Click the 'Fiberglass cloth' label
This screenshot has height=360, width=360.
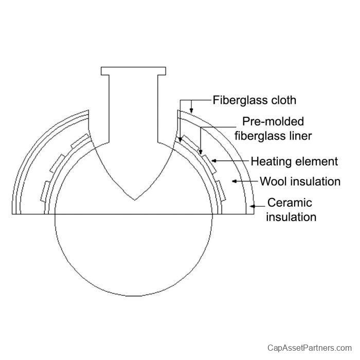[x=255, y=100]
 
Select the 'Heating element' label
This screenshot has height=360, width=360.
[x=294, y=161]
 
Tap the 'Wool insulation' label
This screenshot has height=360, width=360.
[x=300, y=182]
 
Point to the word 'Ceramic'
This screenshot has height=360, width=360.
[x=290, y=203]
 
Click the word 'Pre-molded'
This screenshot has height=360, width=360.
[x=273, y=121]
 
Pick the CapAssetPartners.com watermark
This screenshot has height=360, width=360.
[x=310, y=348]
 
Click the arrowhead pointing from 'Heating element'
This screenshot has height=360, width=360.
[x=214, y=160]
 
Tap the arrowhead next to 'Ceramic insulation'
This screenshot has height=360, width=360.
[x=253, y=206]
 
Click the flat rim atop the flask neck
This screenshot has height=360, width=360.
[x=133, y=71]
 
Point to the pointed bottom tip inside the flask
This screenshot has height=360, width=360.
[x=135, y=200]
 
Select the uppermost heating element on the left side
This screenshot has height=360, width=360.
[x=80, y=141]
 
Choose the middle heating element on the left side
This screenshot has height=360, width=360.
[x=57, y=163]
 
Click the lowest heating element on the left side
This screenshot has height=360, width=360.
[x=45, y=192]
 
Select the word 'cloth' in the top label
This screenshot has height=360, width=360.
[x=284, y=100]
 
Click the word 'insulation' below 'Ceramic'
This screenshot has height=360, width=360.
[x=291, y=217]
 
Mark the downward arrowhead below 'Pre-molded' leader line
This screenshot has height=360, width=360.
[x=201, y=152]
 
